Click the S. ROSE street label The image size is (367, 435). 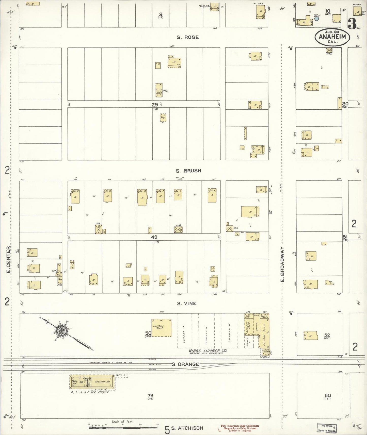188,37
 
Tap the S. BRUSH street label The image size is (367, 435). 189,171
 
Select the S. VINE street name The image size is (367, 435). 187,303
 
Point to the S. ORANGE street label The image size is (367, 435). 185,364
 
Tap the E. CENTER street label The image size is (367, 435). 8,260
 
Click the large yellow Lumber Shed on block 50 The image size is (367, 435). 161,328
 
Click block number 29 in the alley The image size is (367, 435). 155,105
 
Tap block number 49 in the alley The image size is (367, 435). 154,237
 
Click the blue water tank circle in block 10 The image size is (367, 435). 316,18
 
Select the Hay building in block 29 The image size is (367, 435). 163,118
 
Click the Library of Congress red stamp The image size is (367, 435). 240,428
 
